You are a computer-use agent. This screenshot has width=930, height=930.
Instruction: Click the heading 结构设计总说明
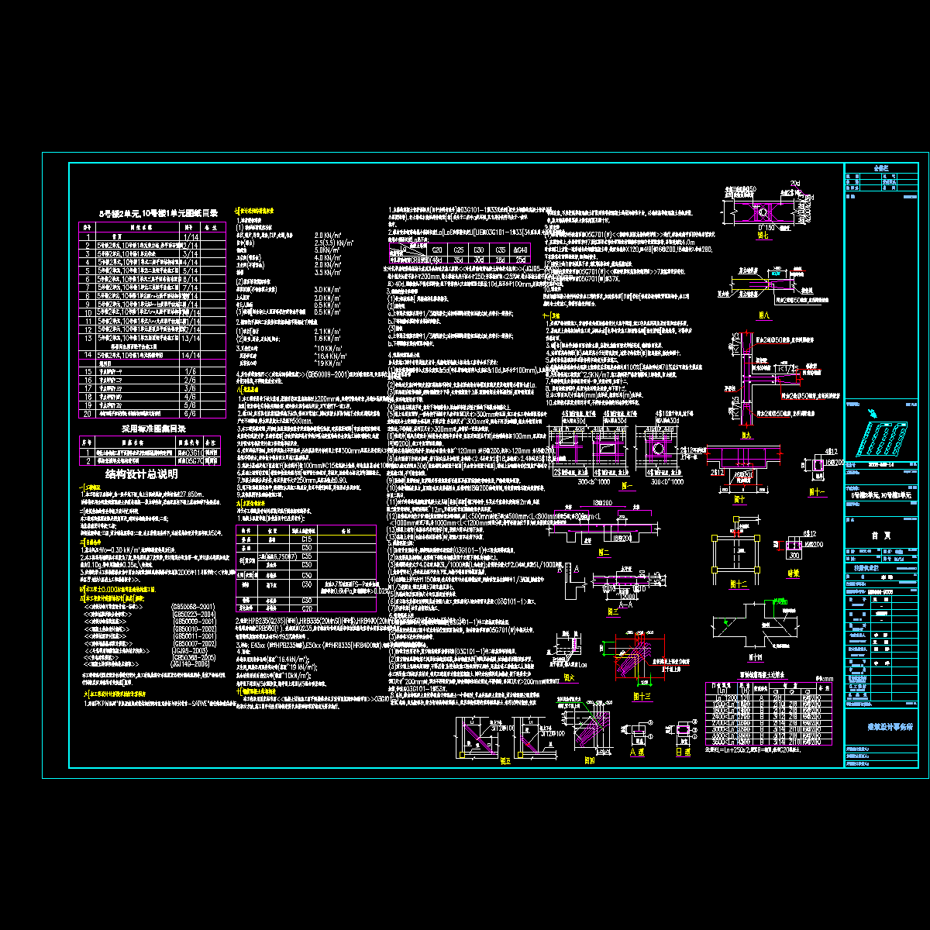[141, 474]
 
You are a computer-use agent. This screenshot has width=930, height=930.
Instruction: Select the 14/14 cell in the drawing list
[190, 355]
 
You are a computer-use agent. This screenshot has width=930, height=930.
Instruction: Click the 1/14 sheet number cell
[190, 236]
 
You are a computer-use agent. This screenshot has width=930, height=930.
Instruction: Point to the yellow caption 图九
[746, 436]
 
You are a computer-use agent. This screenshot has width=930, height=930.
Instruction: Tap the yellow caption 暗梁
[793, 573]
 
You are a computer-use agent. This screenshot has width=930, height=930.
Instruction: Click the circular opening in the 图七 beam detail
[763, 210]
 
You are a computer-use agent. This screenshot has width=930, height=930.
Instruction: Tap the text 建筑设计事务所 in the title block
[880, 728]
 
